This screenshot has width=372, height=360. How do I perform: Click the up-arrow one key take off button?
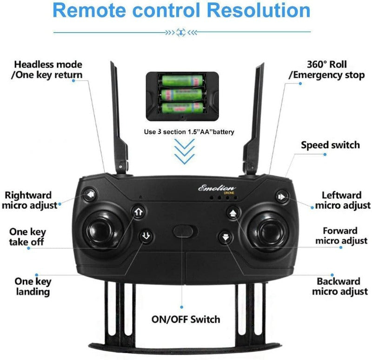point(138,212)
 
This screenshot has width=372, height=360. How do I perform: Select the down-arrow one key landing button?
point(146,236)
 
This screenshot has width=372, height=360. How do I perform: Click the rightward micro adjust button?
point(90,194)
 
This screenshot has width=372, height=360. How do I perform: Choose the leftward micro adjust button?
point(281,197)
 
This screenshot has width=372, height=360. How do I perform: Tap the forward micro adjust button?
point(233,213)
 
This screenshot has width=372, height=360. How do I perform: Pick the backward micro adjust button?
point(226,237)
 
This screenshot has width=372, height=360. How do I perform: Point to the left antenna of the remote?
point(117,116)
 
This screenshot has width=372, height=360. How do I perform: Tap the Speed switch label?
point(330,145)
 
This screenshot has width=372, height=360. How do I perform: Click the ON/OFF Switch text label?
point(186,319)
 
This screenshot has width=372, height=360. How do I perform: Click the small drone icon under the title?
point(182,32)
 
